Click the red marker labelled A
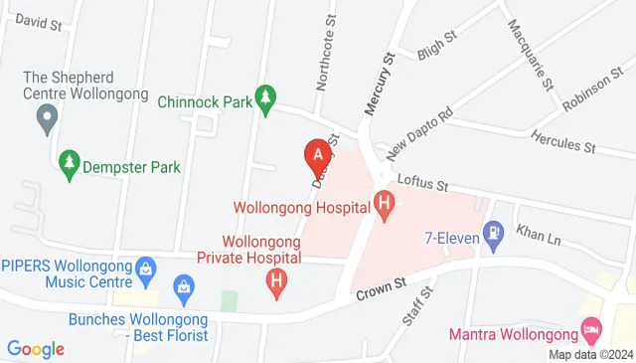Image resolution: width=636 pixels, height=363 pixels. click(x=317, y=155)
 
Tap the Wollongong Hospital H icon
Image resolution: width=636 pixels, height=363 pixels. click(x=385, y=206)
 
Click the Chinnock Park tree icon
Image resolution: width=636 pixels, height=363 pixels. click(x=264, y=97)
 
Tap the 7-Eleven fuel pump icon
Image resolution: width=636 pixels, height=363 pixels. click(x=492, y=233)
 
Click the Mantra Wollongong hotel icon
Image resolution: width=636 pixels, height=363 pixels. click(x=591, y=327)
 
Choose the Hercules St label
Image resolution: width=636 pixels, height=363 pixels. click(x=562, y=143)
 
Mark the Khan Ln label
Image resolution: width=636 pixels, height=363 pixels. click(x=539, y=235)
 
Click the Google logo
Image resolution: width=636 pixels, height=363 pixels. click(x=36, y=349)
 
